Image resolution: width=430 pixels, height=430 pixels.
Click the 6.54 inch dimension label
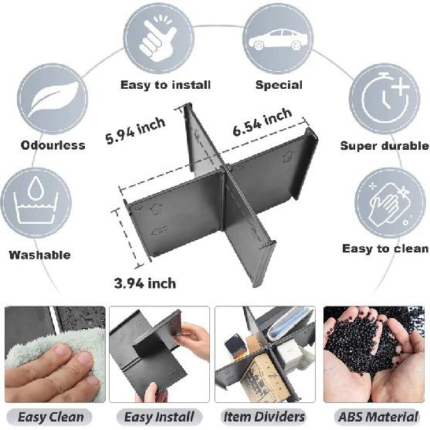[x=262, y=123]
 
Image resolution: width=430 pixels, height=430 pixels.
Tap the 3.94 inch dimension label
[x=144, y=283]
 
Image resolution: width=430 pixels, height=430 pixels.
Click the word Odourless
[x=53, y=145]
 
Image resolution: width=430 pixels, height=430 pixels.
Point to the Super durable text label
[x=384, y=145]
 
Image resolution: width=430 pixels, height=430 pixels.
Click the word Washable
[x=39, y=255]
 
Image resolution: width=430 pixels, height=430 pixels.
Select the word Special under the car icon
[x=279, y=85]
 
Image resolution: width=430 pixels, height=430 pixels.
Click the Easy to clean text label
[x=384, y=249]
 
